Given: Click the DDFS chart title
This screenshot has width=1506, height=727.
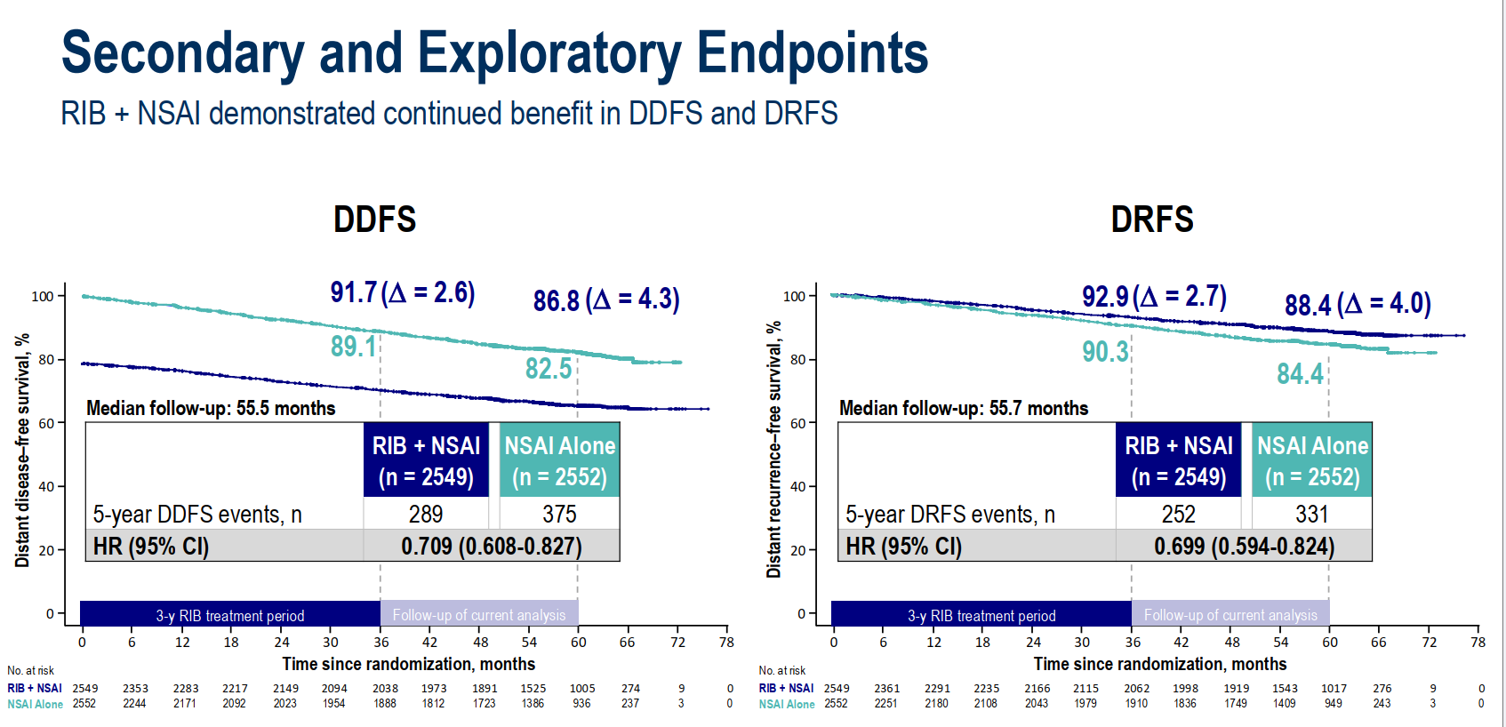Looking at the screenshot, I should [x=374, y=220].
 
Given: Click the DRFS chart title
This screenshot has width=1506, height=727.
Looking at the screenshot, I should [x=1152, y=220].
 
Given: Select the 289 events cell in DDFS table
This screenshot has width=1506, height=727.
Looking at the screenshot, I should [x=426, y=514].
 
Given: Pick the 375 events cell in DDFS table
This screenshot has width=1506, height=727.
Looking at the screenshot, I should [x=559, y=514].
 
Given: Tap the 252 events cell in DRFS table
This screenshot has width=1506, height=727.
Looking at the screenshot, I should [x=1179, y=514].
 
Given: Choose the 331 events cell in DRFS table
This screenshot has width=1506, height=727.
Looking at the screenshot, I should [x=1312, y=514].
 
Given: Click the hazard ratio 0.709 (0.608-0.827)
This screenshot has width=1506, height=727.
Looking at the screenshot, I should [x=491, y=546].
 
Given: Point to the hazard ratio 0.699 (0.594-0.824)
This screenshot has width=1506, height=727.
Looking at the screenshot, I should [x=1244, y=546].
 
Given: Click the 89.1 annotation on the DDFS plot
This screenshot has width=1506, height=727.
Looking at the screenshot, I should [x=354, y=347].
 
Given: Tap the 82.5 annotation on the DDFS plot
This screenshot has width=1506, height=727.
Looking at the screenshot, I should [x=549, y=368].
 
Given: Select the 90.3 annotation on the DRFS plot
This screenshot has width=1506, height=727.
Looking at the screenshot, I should [x=1105, y=352].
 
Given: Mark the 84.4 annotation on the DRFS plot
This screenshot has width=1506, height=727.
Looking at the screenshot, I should [x=1300, y=373].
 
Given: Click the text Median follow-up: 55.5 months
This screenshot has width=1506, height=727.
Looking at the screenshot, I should [x=211, y=408].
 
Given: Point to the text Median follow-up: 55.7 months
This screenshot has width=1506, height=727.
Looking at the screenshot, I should [x=964, y=408].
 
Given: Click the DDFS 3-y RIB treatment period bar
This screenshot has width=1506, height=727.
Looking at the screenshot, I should [x=230, y=615].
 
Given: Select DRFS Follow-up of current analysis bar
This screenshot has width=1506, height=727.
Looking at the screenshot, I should [x=1230, y=615].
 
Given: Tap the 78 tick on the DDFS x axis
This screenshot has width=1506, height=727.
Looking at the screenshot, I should [x=726, y=642].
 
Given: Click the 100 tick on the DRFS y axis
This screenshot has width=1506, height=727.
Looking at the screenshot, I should [x=794, y=296].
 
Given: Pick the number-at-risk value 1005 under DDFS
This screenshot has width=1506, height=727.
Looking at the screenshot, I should [x=582, y=688].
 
